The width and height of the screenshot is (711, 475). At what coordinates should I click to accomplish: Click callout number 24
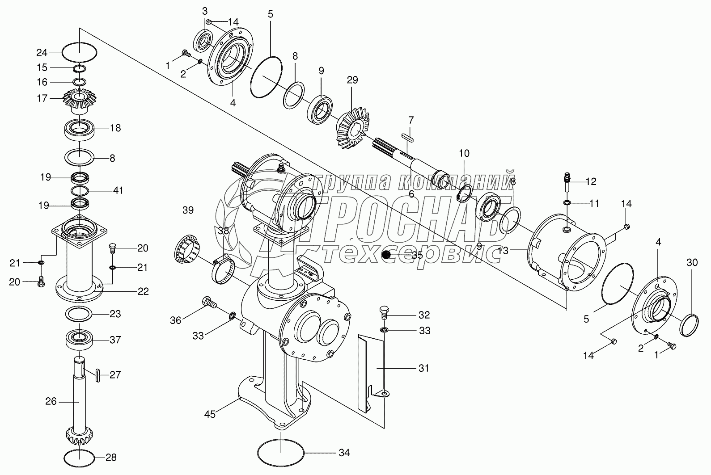42,53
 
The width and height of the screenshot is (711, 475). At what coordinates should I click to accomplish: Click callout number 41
118,191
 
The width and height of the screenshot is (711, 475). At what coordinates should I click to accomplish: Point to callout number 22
143,291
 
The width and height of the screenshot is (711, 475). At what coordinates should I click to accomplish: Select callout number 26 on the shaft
51,401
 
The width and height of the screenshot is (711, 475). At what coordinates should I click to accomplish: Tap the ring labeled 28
80,457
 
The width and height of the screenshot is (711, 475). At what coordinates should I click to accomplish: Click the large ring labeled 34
281,453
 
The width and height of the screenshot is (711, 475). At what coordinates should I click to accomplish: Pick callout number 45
210,414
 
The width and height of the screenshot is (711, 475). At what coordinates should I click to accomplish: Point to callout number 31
423,368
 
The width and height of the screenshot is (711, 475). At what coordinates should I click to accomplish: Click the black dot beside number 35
386,255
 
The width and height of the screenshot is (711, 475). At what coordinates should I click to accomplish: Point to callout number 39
188,210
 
